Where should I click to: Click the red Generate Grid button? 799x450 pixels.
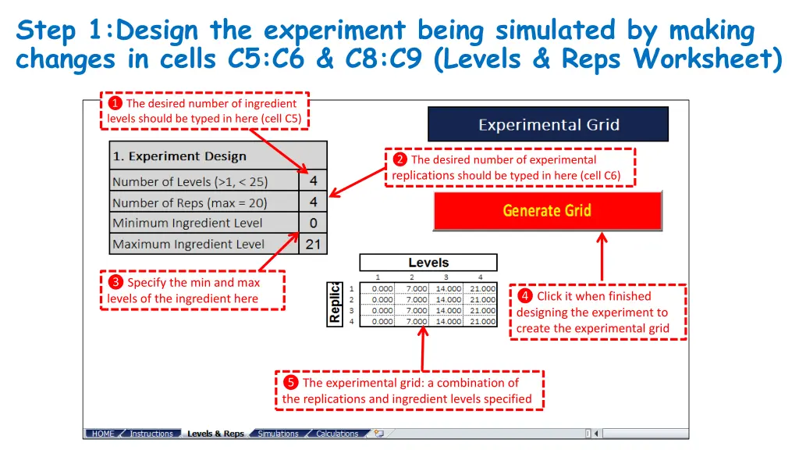tap(547, 210)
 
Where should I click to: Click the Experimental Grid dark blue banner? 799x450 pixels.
tap(548, 124)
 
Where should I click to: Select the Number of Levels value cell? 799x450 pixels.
tap(313, 181)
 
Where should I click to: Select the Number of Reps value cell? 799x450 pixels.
tap(313, 202)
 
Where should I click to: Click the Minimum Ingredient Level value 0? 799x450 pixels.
tap(313, 223)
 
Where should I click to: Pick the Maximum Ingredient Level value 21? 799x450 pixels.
tap(313, 244)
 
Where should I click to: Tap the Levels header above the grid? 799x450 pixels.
tap(428, 262)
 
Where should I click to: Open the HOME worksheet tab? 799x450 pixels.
tap(103, 434)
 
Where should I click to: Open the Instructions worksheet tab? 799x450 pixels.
tap(151, 434)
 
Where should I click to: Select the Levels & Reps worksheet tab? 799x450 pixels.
tap(215, 434)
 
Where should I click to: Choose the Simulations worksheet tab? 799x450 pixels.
tap(278, 434)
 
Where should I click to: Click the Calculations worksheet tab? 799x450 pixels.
tap(337, 434)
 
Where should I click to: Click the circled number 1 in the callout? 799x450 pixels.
tap(115, 103)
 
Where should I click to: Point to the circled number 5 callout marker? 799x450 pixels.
tap(290, 383)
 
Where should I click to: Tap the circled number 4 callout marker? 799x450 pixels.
tap(525, 296)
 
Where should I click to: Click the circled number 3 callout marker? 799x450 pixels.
tap(115, 282)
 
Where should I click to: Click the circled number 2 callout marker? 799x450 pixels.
tap(399, 160)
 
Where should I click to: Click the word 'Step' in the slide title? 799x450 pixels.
tap(47, 31)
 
